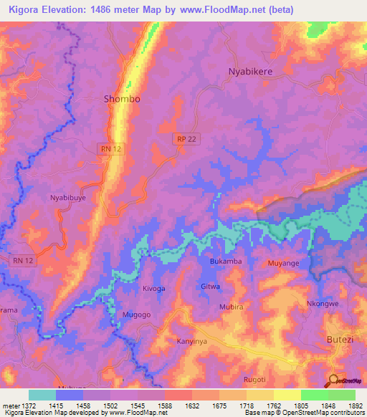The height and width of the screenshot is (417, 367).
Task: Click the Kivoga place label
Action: click(x=153, y=288)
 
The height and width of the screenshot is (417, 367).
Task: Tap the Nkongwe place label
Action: click(x=322, y=303)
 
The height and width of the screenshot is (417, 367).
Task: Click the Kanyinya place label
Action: click(x=192, y=342)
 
